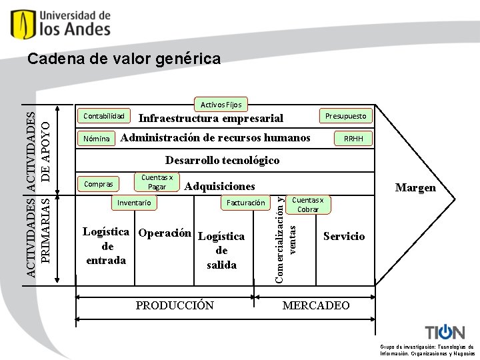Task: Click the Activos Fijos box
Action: [222, 104]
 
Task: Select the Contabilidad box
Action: [104, 116]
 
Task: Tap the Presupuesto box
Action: [345, 116]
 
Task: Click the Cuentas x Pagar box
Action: [157, 182]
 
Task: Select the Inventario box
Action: [134, 202]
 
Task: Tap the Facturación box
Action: [246, 202]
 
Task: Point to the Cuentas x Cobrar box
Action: [308, 204]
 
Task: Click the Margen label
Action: [415, 188]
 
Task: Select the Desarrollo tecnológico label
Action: [222, 161]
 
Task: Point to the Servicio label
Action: [344, 237]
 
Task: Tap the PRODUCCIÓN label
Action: [175, 305]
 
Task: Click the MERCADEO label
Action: [316, 305]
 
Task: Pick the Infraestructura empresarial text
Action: [211, 119]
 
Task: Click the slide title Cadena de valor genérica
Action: [124, 60]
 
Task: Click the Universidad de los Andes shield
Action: [21, 24]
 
